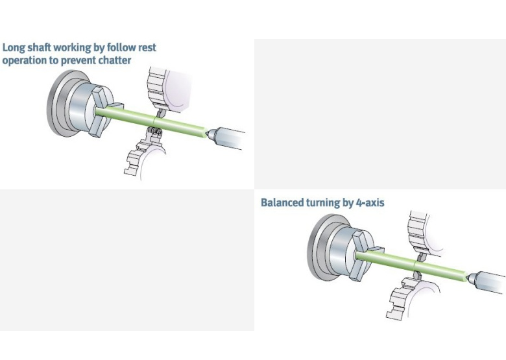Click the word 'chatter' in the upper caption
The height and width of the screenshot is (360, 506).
coord(115,60)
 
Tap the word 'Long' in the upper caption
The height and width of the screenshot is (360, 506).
coord(13,48)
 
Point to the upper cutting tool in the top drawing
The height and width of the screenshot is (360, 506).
coord(160,114)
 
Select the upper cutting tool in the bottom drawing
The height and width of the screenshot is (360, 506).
coord(421,257)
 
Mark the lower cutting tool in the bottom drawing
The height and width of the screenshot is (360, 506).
coord(416,275)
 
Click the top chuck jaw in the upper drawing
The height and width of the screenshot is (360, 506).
coord(101,97)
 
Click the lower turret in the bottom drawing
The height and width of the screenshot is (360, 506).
coord(407,298)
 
